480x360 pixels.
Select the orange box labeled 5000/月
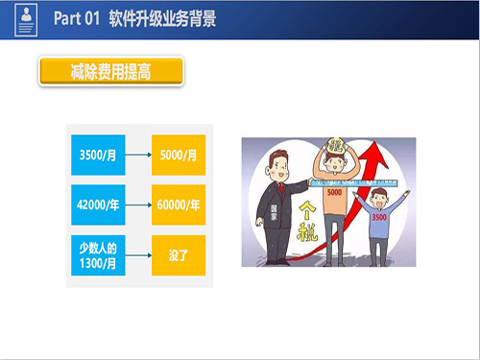[x=179, y=153]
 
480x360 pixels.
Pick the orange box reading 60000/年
[x=179, y=204]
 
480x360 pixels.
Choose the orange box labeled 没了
[x=179, y=256]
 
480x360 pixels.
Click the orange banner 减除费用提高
[x=110, y=72]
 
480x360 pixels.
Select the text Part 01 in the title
[x=79, y=18]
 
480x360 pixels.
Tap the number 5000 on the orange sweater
[x=334, y=193]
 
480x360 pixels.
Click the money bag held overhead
[x=336, y=147]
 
